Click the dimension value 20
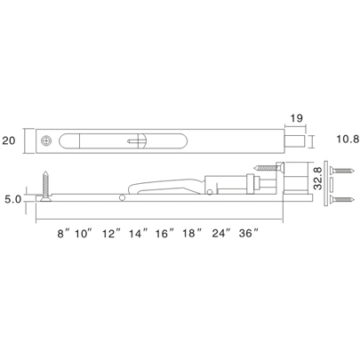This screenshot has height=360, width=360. [11, 140]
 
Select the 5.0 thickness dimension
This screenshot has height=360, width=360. [12, 200]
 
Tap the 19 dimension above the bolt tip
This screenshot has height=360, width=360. [298, 116]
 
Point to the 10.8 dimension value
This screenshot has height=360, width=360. [340, 140]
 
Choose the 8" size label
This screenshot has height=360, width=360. [61, 233]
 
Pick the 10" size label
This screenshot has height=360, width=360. [84, 233]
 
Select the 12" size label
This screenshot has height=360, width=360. [112, 233]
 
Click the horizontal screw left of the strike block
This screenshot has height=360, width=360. [264, 167]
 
